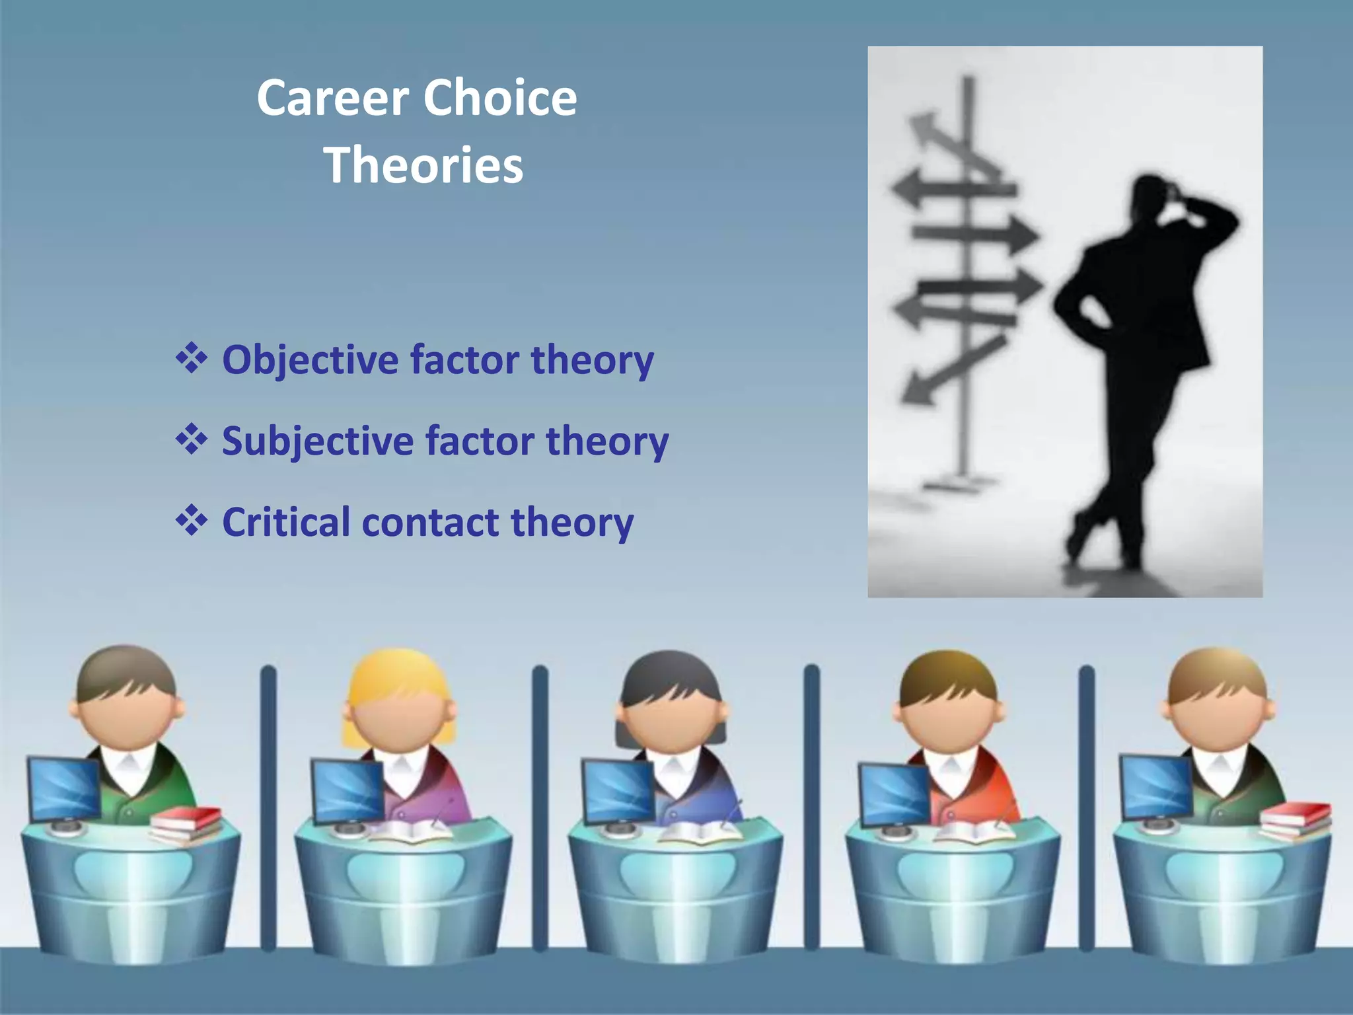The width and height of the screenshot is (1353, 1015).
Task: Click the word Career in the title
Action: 332,98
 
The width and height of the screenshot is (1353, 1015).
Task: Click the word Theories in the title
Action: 423,165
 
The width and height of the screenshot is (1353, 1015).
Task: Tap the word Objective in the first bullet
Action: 310,360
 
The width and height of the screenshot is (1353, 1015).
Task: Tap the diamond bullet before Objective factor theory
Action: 192,359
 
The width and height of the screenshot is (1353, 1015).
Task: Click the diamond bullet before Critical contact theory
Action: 192,521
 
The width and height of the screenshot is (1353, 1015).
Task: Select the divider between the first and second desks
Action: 268,806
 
